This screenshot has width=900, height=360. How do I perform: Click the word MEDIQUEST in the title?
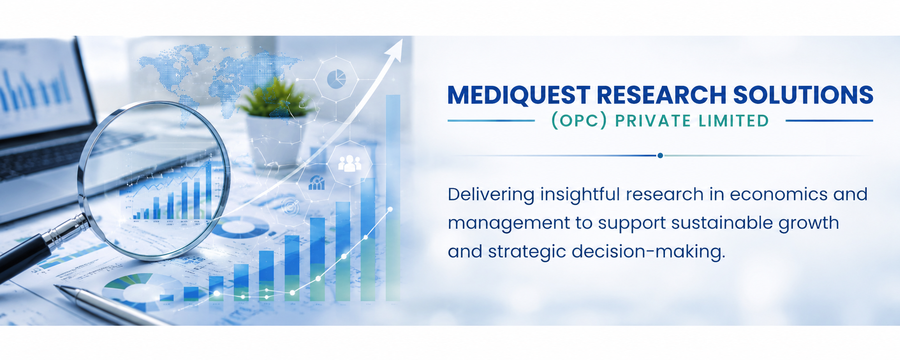[518, 95]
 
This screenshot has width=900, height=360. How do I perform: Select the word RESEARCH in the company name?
[661, 95]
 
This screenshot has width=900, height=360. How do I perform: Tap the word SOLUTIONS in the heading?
[803, 95]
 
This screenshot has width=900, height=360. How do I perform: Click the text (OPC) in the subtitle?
[579, 121]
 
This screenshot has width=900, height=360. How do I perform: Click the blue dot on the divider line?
[660, 155]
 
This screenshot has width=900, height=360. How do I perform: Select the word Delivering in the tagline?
[491, 194]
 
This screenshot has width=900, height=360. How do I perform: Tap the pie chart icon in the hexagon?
[336, 79]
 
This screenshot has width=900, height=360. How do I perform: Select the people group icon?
[349, 163]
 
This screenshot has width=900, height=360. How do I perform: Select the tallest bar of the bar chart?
[393, 198]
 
